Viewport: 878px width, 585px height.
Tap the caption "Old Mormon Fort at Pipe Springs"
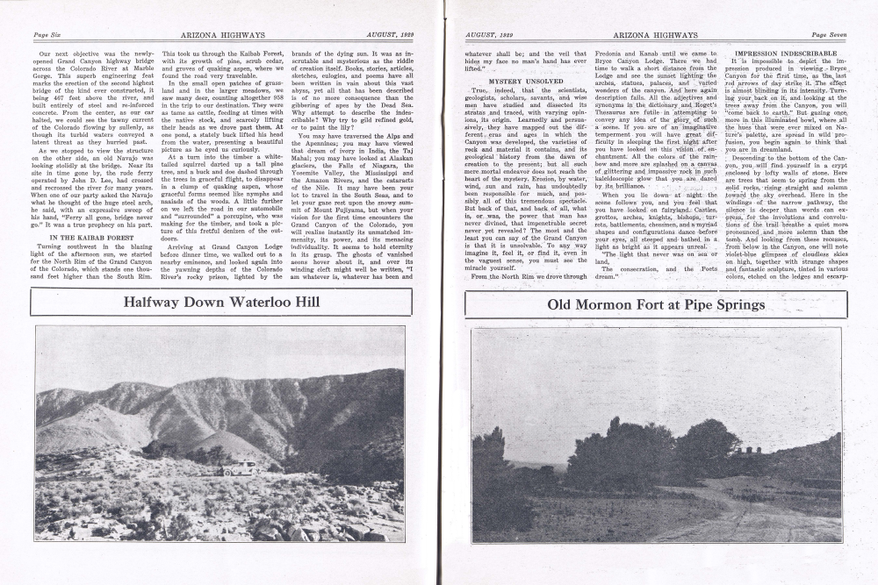pos(655,304)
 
